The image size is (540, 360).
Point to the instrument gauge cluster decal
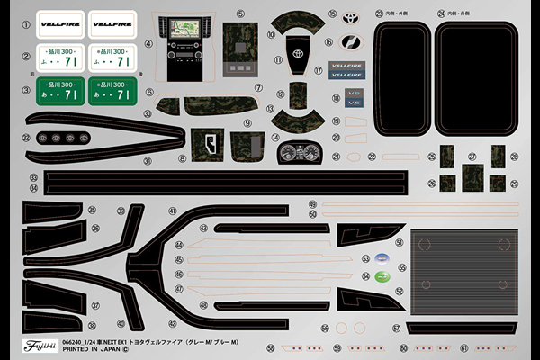pyautogui.click(x=298, y=152)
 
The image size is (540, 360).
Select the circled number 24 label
pyautogui.click(x=441, y=14)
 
